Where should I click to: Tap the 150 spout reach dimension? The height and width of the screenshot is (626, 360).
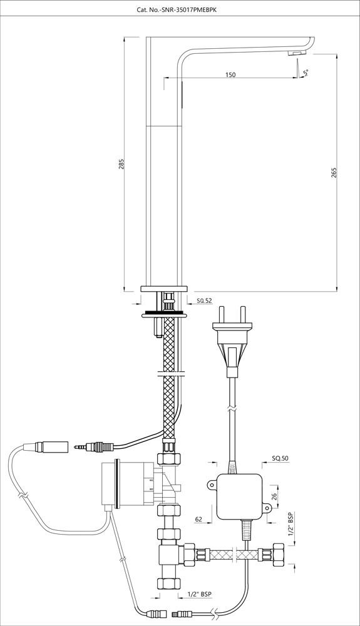230,74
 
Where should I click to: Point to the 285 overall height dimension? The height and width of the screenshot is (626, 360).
121,164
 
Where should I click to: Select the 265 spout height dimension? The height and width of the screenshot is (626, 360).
334,172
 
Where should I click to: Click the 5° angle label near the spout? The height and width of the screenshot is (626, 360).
306,72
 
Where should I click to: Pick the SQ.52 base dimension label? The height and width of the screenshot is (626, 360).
205,300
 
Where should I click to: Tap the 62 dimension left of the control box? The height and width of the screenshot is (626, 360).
198,520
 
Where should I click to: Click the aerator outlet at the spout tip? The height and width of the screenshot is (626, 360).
297,53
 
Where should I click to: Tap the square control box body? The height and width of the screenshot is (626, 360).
239,496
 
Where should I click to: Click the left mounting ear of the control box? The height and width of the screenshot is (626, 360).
212,485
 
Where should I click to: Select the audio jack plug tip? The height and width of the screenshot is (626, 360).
80,446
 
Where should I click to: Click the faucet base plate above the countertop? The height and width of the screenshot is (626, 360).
164,289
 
